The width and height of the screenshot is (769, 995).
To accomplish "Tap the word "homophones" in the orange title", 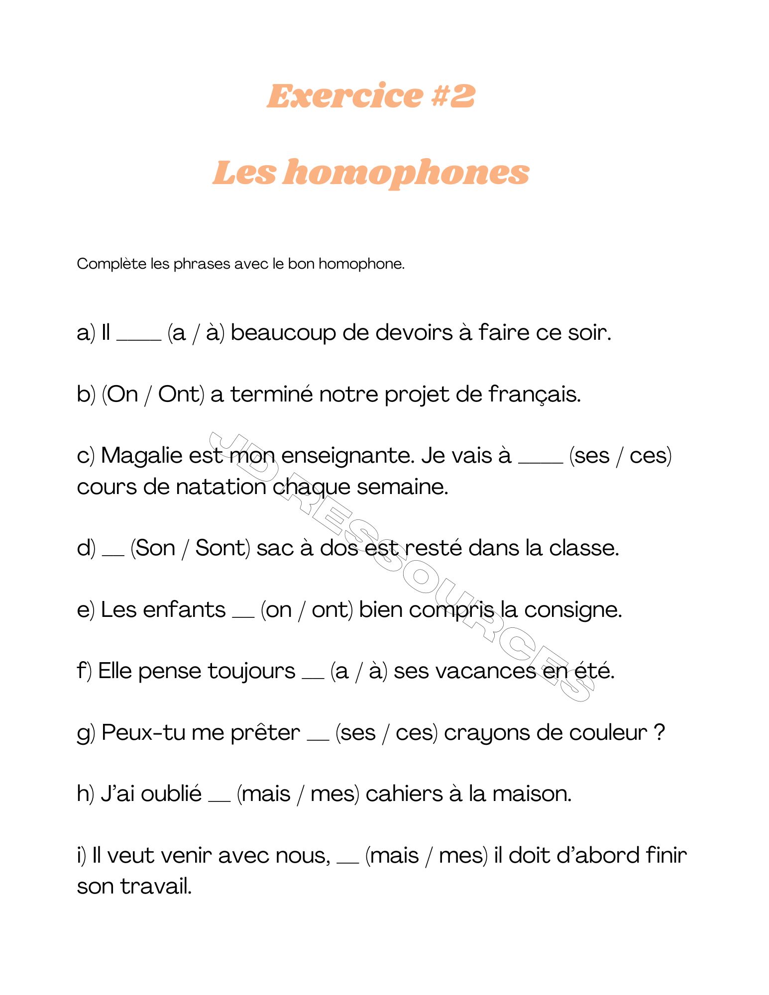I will coord(406,173).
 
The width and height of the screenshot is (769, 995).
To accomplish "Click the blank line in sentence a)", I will coord(139,339).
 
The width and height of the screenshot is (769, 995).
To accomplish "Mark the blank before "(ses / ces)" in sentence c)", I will coord(541,462).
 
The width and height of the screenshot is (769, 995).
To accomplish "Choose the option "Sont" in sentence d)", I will coord(220,548).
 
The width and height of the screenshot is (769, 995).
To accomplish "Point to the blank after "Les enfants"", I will coord(243,616).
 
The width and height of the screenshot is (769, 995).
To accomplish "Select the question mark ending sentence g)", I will coord(659,733).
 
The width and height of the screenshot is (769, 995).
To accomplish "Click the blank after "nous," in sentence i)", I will coord(348,862).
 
